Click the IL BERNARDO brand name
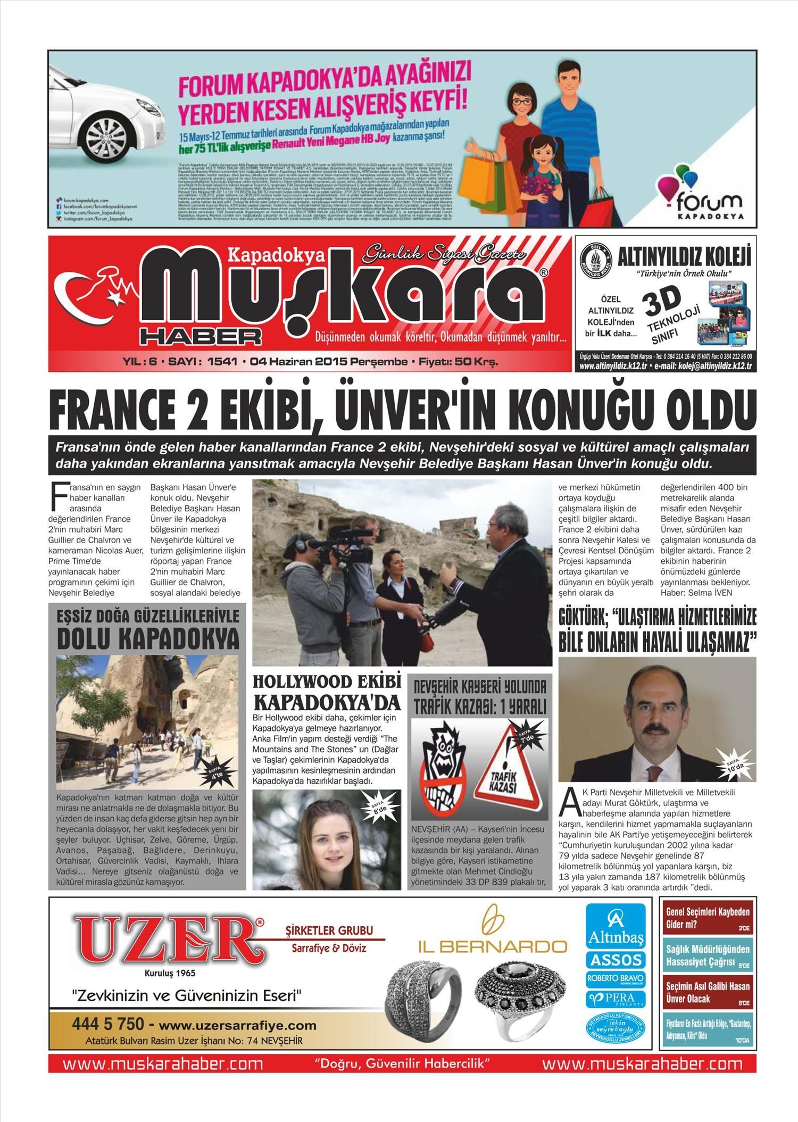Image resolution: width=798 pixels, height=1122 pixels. (x=492, y=946)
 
